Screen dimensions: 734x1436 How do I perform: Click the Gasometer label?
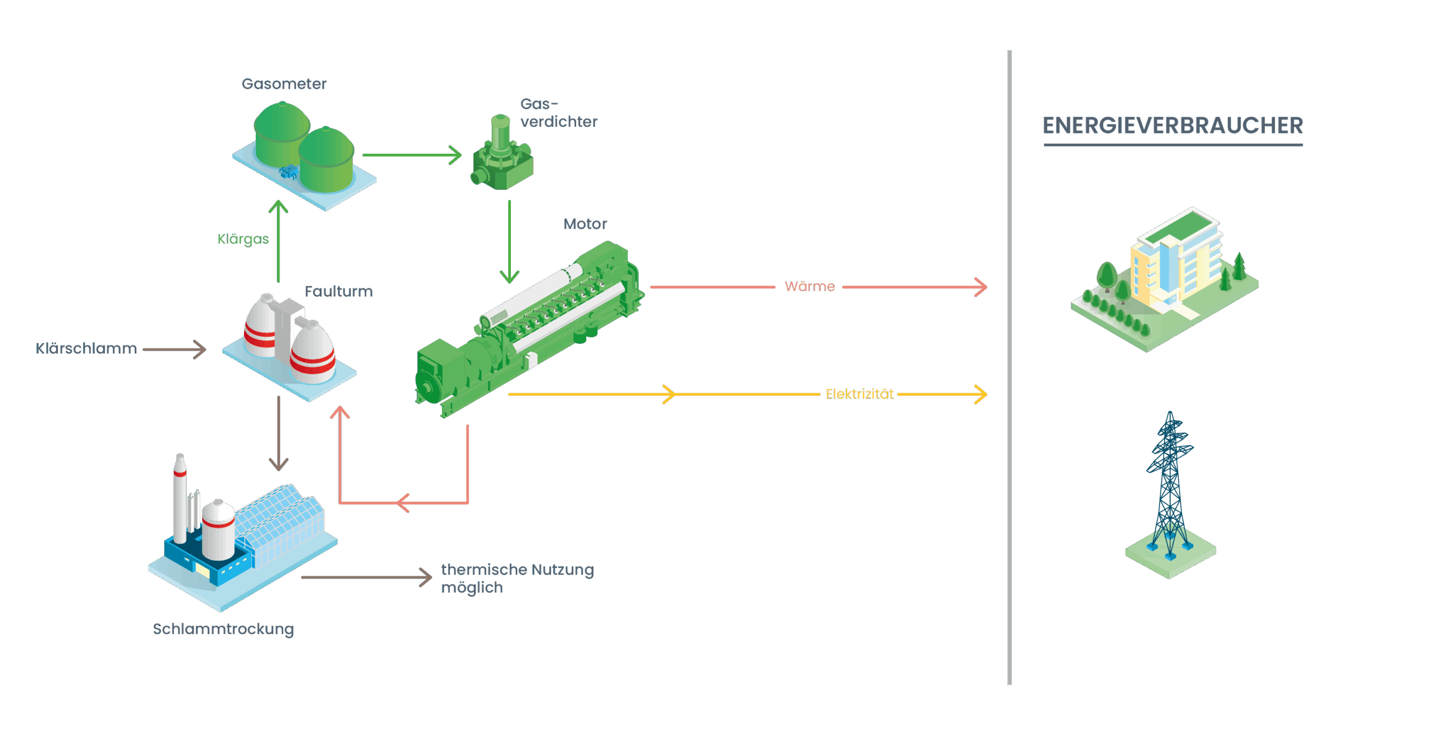[284, 84]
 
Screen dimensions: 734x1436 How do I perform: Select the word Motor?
[585, 224]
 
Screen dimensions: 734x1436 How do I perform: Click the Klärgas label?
[243, 239]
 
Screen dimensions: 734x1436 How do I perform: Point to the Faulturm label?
[338, 292]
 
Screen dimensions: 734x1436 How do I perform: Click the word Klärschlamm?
[86, 349]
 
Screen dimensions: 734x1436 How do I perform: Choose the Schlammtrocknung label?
[223, 629]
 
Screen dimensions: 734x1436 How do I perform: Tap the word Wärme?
[809, 287]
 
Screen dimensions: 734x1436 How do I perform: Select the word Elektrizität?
[859, 394]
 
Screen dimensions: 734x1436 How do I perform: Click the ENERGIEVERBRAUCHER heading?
[1172, 126]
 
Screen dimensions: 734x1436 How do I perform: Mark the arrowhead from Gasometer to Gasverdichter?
[455, 155]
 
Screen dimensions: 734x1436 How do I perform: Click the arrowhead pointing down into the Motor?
[509, 276]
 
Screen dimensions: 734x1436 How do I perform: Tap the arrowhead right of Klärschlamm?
[200, 349]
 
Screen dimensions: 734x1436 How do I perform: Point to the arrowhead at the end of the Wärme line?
[981, 287]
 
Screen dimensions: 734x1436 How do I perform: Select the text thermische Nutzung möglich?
[517, 579]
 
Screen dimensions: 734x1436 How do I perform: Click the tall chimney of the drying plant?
[179, 499]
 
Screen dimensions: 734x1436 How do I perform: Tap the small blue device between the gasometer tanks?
[289, 171]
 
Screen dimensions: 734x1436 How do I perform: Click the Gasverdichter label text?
[558, 113]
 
